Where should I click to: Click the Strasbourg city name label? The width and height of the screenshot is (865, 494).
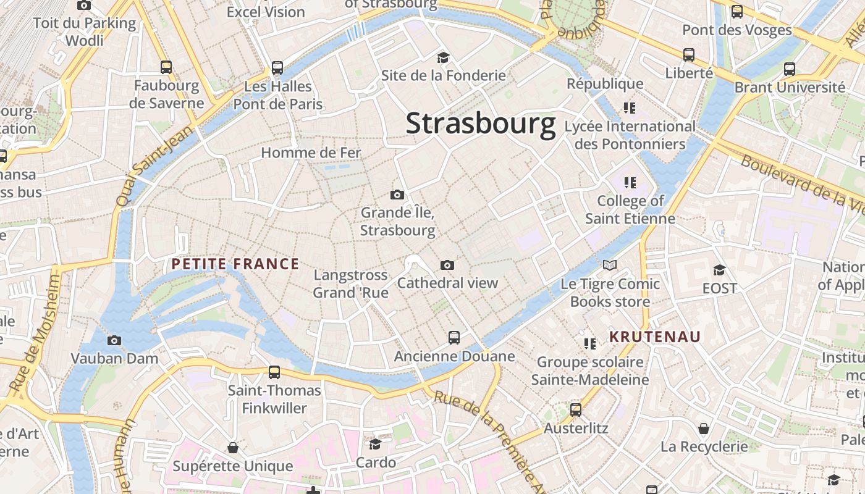coord(481,124)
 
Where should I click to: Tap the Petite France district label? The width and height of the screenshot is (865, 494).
coord(235,264)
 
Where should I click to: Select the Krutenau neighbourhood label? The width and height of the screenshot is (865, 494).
coord(655,337)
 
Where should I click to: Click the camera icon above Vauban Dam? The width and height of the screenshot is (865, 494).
coord(114,340)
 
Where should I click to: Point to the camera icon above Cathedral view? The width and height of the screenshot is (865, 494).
coord(447,265)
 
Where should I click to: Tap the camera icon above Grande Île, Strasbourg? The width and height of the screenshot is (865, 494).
coord(397,195)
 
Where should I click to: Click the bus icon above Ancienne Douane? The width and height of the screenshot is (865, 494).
coord(454,338)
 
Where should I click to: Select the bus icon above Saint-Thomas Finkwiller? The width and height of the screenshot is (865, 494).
coord(274,372)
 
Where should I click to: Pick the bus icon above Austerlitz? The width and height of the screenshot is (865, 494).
coord(576,409)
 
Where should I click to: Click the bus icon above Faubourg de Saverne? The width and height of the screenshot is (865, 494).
coord(166,67)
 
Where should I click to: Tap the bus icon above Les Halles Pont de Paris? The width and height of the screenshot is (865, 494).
coord(277,68)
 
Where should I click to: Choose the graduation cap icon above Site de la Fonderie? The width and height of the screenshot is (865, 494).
coord(443,57)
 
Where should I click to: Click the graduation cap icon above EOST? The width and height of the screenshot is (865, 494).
coord(719,270)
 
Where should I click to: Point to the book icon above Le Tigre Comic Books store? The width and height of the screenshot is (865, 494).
coord(610,266)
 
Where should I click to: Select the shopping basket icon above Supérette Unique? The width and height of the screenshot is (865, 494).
coord(233,448)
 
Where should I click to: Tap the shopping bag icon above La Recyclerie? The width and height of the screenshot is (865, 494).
coord(704,428)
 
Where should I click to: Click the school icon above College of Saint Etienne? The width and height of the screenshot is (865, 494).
coord(630,183)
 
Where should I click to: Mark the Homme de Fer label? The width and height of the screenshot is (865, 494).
coord(311,153)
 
